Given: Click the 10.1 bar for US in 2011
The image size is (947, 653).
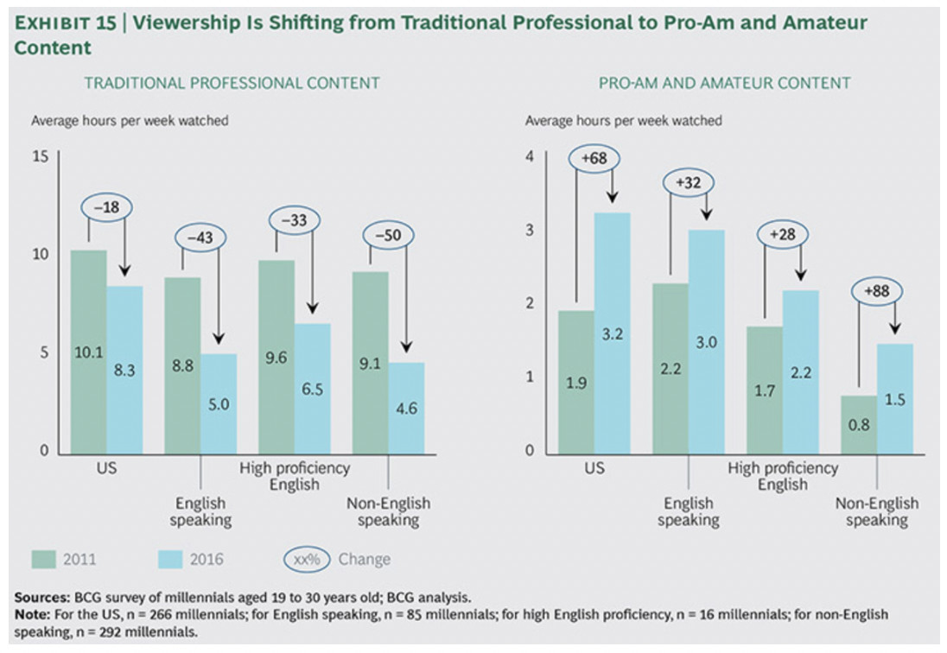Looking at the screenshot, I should click(x=88, y=352).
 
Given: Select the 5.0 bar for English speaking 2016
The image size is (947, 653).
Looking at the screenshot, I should click(x=219, y=403).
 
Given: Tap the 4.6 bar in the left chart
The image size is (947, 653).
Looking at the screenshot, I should click(x=406, y=407).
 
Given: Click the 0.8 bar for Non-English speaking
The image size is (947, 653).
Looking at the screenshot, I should click(x=858, y=424).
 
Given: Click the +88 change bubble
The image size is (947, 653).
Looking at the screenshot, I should click(x=877, y=291).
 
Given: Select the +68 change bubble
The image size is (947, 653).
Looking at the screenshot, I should click(x=594, y=159).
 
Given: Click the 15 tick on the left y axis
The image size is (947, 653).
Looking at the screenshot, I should click(x=39, y=156).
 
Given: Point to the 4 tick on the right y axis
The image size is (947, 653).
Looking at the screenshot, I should click(x=530, y=156).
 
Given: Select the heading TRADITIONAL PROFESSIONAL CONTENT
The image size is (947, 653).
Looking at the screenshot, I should click(x=232, y=83).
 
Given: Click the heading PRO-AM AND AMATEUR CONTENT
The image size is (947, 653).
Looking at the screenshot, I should click(x=724, y=83).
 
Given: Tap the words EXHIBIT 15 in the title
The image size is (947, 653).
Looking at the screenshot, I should click(x=63, y=24).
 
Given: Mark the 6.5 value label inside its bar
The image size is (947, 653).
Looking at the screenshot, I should click(x=312, y=390).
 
